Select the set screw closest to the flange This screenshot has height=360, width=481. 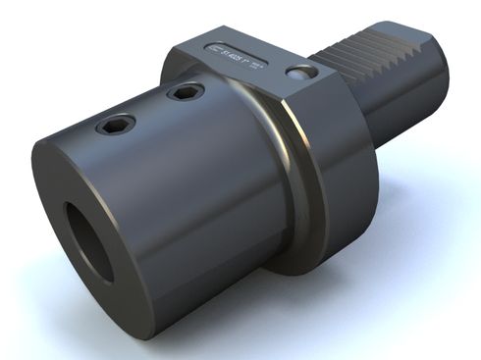[x=183, y=92]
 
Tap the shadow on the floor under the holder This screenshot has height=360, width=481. [x=324, y=294]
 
